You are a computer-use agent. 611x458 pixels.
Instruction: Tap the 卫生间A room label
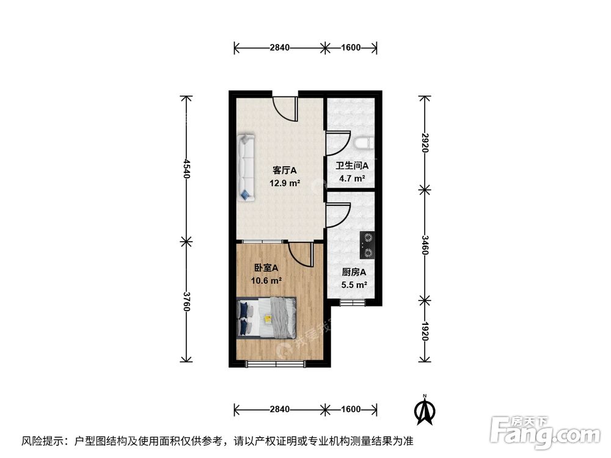click(x=353, y=165)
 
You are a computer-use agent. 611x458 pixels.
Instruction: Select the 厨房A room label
click(x=354, y=272)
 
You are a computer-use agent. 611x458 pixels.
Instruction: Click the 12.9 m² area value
click(x=285, y=183)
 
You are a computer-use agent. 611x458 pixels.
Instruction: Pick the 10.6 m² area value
click(x=266, y=280)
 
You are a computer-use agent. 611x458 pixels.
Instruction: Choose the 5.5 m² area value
click(x=354, y=285)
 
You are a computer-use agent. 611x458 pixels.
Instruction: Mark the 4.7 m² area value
click(x=353, y=179)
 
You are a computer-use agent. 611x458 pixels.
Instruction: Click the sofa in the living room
click(x=247, y=167)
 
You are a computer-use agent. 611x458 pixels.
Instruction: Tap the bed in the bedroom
click(x=266, y=318)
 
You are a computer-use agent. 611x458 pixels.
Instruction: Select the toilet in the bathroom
click(x=362, y=144)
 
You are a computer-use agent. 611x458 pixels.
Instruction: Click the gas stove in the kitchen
click(x=368, y=244)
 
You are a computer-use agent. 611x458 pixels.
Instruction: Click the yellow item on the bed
click(x=268, y=318)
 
